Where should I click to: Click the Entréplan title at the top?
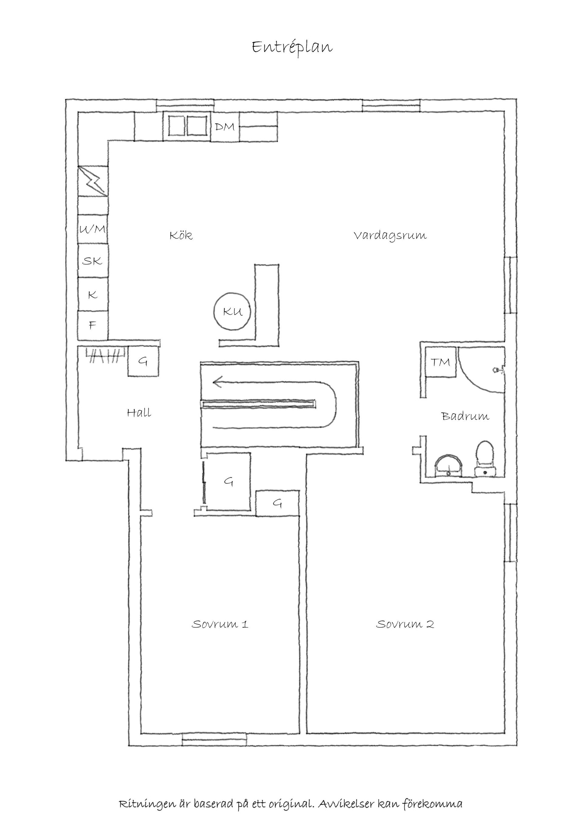point(292,47)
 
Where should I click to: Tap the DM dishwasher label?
point(225,126)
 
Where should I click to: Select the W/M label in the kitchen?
point(93,229)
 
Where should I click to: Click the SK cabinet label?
point(92,261)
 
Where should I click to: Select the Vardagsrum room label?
point(390,236)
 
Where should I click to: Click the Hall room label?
point(139,412)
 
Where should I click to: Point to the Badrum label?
point(465,416)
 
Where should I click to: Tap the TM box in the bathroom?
point(441,362)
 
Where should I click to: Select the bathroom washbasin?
point(449,466)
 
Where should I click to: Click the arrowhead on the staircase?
point(217,382)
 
